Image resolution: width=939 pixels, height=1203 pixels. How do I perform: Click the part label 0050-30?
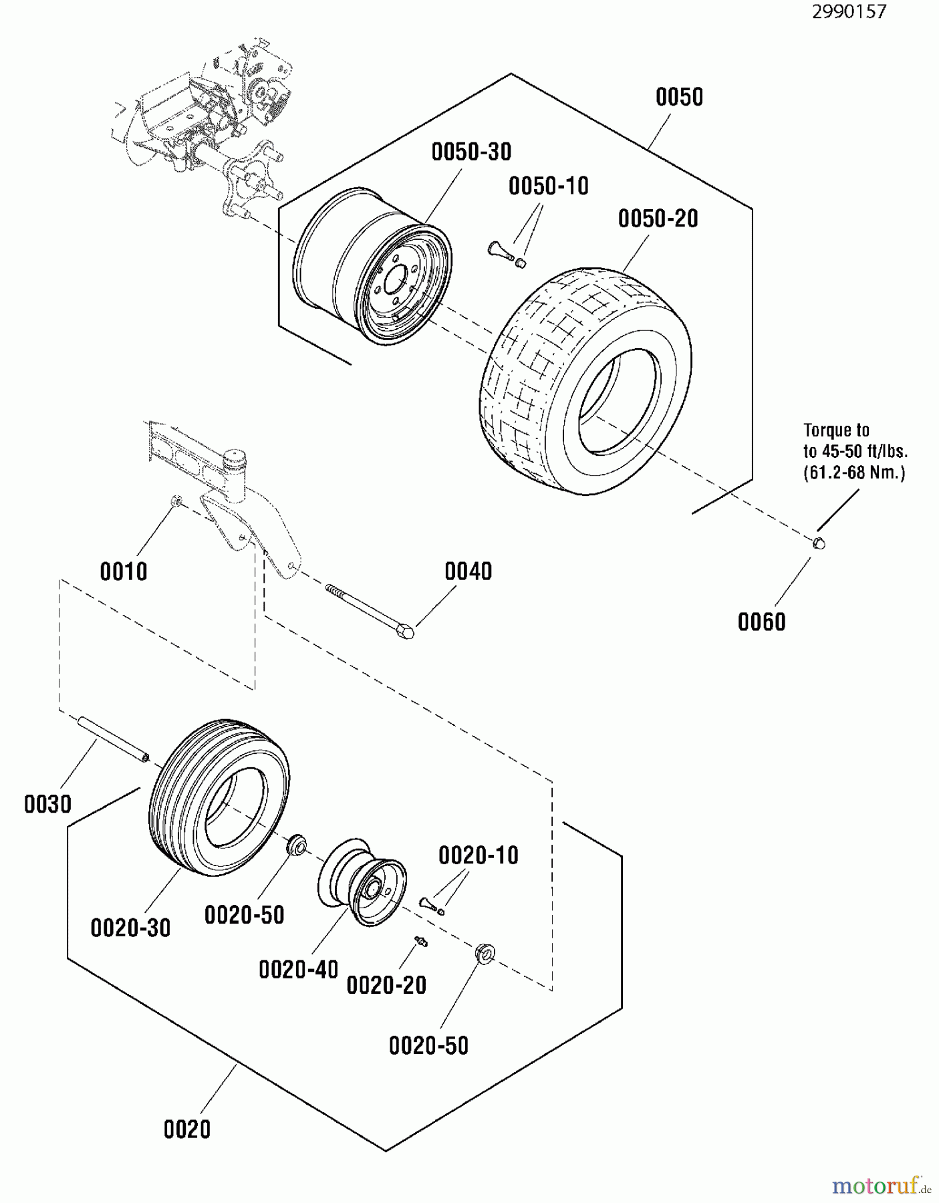(x=471, y=152)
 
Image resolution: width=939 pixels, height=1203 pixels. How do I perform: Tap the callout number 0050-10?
(x=548, y=186)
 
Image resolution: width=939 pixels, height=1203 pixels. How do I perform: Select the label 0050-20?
(x=658, y=219)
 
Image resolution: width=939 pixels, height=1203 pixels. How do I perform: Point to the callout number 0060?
(x=761, y=622)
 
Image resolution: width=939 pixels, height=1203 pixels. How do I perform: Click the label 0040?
(x=468, y=571)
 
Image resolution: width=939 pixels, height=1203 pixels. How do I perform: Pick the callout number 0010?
(x=124, y=572)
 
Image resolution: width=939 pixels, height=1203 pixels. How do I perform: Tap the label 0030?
(x=47, y=804)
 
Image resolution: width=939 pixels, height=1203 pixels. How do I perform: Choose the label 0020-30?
(x=130, y=928)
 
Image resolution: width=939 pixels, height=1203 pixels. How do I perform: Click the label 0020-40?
(x=298, y=970)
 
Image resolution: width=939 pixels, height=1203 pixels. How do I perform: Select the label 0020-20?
(x=386, y=985)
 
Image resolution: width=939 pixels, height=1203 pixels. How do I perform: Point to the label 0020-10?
(x=479, y=855)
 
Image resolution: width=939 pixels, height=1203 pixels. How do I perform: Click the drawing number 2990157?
(x=849, y=11)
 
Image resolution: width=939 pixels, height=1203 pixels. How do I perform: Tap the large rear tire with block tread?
(x=585, y=381)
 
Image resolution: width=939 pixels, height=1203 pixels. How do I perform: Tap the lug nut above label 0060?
(x=819, y=543)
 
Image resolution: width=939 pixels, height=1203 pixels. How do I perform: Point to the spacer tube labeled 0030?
(x=112, y=738)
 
